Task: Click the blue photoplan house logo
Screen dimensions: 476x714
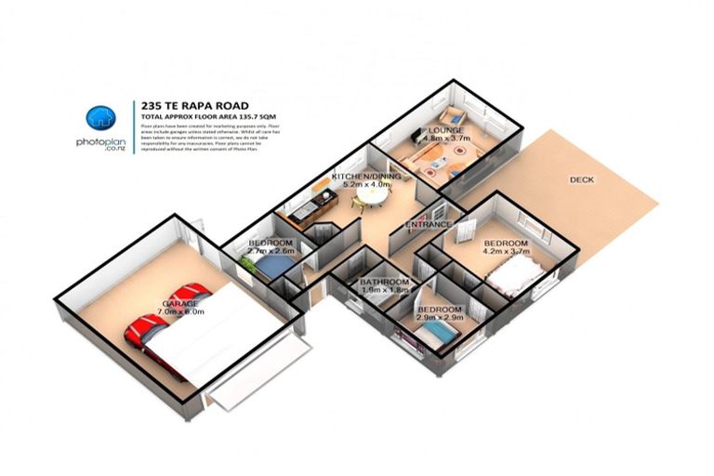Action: point(99,118)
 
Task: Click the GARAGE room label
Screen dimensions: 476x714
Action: point(178,304)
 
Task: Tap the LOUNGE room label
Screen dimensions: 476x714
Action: point(446,130)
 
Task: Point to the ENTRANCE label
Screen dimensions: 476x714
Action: point(428,225)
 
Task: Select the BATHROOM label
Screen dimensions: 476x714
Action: point(385,282)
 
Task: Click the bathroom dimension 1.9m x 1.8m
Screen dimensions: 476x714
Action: point(385,291)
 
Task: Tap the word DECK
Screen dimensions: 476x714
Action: point(582,180)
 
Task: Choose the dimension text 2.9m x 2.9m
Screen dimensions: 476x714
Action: point(440,319)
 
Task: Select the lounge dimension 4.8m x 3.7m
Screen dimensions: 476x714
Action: point(448,139)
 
